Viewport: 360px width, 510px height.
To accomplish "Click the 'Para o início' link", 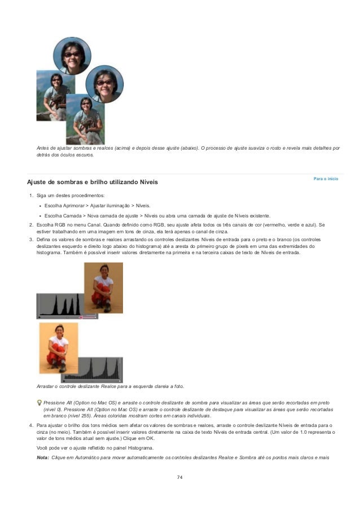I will pyautogui.click(x=326, y=178).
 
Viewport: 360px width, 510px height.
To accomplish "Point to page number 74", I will pyautogui.click(x=179, y=477).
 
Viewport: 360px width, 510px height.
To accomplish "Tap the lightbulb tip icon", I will pyautogui.click(x=38, y=402).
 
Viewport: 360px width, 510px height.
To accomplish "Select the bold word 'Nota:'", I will pyautogui.click(x=42, y=456).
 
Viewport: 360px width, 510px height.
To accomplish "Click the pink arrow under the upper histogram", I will pyautogui.click(x=87, y=317).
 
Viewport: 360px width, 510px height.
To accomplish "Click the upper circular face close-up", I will pyautogui.click(x=72, y=55).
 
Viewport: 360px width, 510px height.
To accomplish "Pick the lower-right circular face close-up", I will pyautogui.click(x=104, y=84).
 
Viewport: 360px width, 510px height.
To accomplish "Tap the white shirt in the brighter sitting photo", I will pyautogui.click(x=58, y=343).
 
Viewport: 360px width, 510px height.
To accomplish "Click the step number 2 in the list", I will pyautogui.click(x=30, y=225).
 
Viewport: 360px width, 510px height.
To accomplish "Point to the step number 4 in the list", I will pyautogui.click(x=30, y=425).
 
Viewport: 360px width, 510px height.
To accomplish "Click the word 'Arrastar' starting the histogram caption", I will pyautogui.click(x=46, y=386).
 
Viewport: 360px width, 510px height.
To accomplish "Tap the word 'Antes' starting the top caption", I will pyautogui.click(x=43, y=148).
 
